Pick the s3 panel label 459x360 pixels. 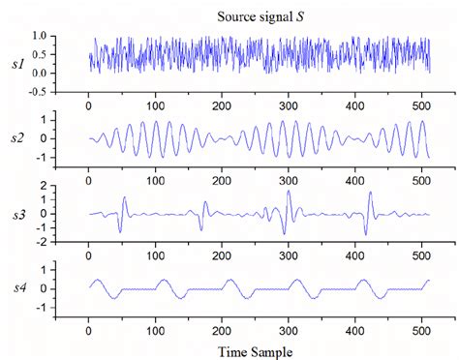point(16,214)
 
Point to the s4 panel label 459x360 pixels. point(16,288)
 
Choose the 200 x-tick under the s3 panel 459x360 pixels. point(222,255)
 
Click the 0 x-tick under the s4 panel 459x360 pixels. point(88,329)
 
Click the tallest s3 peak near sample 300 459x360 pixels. point(289,193)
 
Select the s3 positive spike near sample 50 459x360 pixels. point(125,198)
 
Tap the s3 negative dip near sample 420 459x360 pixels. point(365,232)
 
